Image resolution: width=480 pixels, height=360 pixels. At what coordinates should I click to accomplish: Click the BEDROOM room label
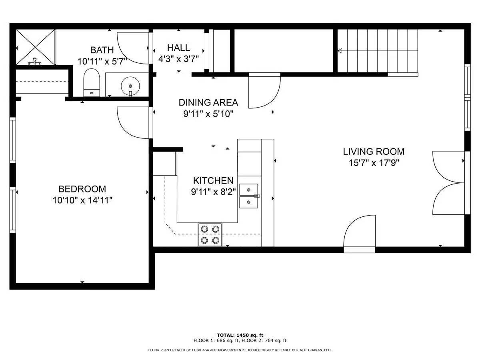coord(82,189)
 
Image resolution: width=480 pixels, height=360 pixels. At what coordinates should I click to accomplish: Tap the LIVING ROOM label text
coord(374,152)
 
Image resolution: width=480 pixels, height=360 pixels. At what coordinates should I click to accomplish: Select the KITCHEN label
coord(213,180)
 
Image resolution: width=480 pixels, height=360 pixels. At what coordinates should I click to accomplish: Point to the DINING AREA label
coord(208,102)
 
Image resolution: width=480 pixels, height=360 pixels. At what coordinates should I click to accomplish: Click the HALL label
coord(178,48)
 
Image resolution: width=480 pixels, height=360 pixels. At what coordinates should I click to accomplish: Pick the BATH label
coord(102,50)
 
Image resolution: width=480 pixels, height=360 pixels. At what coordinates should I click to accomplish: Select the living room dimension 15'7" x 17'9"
coord(374,163)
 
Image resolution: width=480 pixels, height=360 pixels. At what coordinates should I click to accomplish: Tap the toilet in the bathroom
coord(92,82)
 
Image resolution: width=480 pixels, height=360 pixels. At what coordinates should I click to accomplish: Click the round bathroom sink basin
coord(130,86)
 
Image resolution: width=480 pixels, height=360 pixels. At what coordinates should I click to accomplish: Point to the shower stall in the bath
coord(36,47)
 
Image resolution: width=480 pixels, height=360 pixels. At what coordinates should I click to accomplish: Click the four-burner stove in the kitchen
coord(210,234)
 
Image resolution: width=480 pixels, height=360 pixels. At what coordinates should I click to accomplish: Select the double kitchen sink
coord(249,196)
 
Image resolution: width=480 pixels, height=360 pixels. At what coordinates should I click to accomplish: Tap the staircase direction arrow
coord(340,51)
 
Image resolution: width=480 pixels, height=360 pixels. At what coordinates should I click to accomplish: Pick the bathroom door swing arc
coord(132,48)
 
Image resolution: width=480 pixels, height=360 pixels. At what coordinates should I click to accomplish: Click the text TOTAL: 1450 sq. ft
coord(240,335)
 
